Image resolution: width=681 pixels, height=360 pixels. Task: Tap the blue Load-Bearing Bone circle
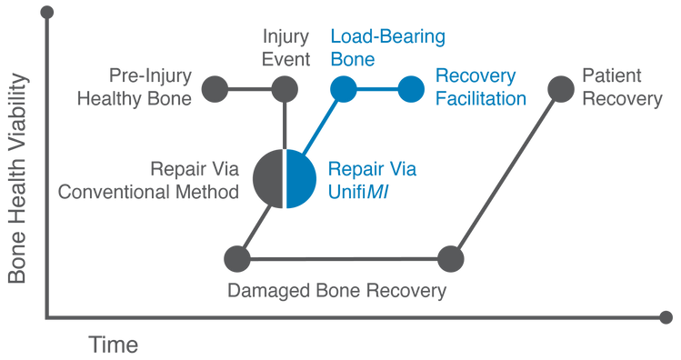343,88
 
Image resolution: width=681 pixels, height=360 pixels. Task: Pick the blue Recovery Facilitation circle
411,88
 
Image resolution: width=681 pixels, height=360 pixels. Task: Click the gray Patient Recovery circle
559,88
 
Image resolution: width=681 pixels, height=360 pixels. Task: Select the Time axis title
114,345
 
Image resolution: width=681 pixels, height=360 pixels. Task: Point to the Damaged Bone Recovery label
338,294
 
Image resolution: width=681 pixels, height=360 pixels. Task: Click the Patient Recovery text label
622,88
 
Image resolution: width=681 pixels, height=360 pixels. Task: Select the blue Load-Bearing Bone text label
387,49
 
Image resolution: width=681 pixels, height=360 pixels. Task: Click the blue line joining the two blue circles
376,88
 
